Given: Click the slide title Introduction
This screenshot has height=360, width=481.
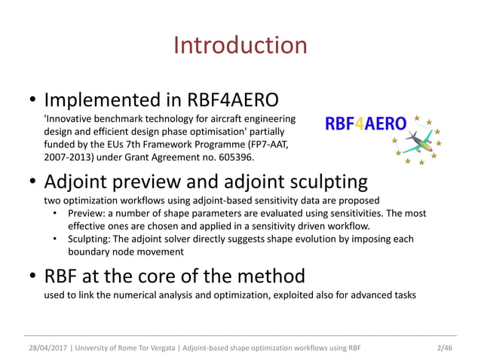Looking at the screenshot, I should (240, 45).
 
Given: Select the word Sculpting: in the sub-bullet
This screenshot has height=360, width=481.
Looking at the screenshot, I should (93, 239).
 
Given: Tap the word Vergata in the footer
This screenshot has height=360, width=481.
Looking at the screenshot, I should (174, 347).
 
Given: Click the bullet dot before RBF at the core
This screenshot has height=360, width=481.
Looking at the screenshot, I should (33, 276).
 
